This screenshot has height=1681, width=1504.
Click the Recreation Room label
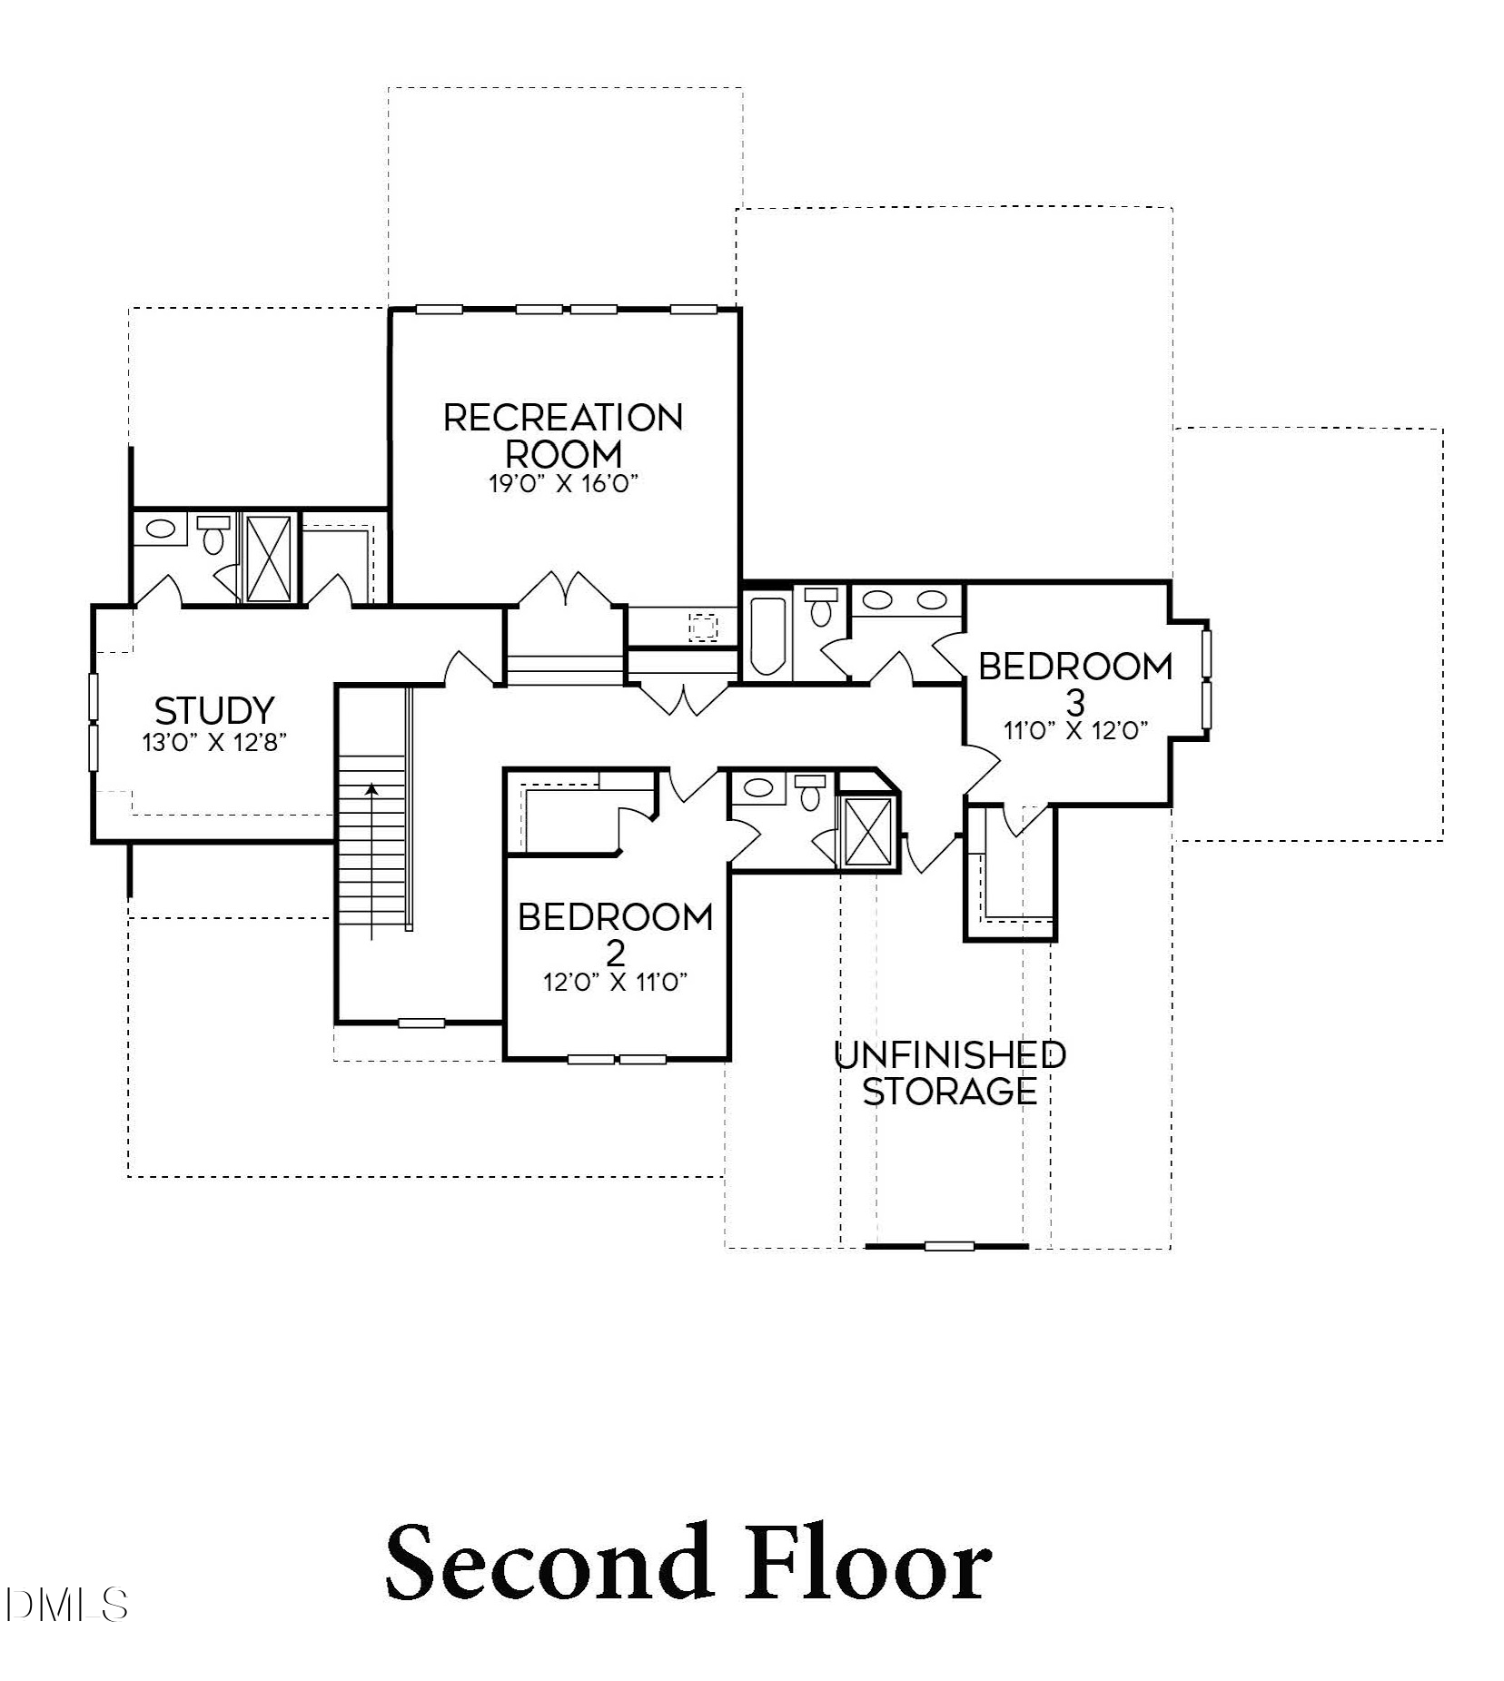(x=563, y=435)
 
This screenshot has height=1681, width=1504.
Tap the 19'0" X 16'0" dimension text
(x=563, y=483)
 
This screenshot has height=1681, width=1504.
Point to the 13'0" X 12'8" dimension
(x=214, y=743)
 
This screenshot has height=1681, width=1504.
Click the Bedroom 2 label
(x=616, y=933)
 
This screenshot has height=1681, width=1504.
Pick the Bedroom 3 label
(x=1075, y=682)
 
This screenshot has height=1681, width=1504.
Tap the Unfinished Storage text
(x=949, y=1073)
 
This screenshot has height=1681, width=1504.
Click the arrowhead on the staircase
(x=371, y=789)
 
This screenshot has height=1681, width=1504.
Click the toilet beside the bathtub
(x=822, y=607)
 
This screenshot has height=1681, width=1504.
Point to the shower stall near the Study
(x=269, y=558)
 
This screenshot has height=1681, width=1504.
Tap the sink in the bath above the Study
(x=161, y=529)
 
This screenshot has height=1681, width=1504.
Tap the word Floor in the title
(x=868, y=1564)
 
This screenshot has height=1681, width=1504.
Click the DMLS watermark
(x=65, y=1606)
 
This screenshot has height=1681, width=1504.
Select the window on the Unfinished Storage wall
(x=949, y=1246)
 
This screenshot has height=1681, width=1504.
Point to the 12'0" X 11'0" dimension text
(x=616, y=983)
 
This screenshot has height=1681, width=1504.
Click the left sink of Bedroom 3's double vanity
(x=877, y=599)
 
